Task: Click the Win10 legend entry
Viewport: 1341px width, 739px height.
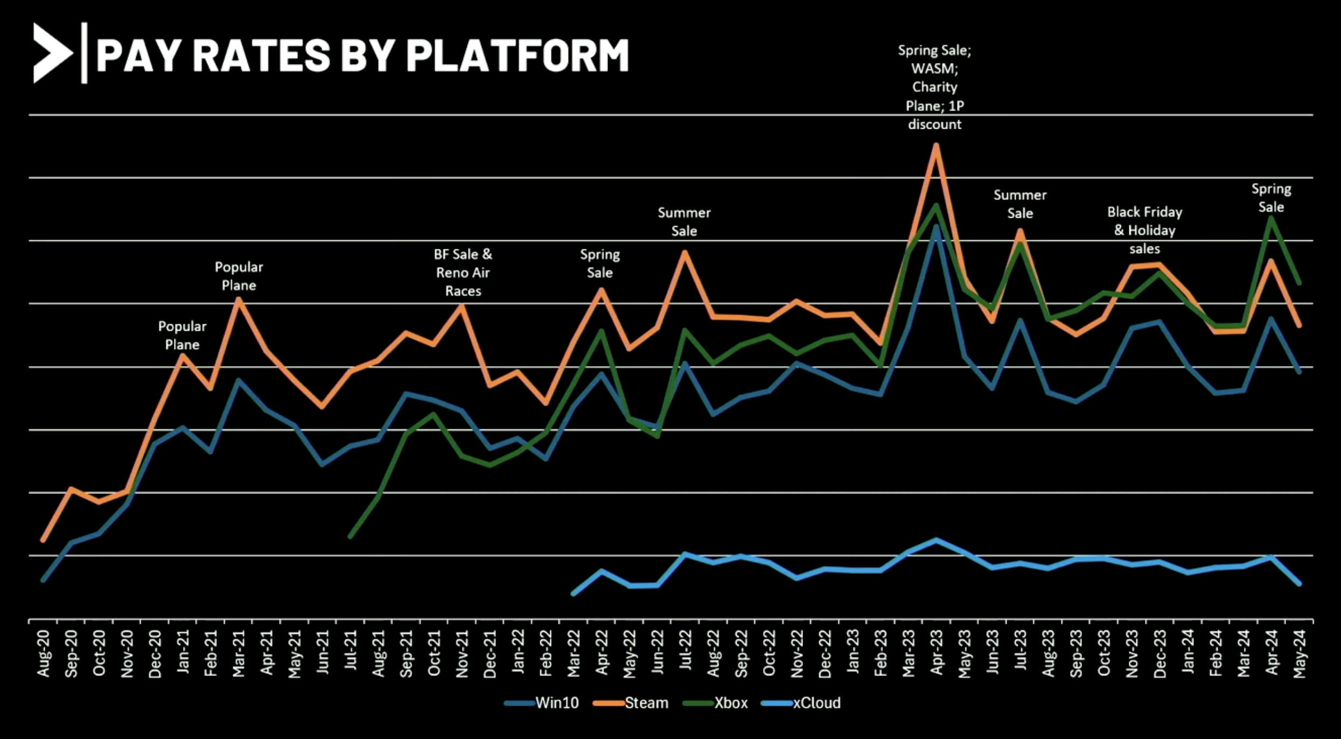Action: click(556, 703)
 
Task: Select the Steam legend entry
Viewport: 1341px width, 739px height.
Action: click(646, 703)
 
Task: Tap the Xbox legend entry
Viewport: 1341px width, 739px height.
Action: click(730, 703)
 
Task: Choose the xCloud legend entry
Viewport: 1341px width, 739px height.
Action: click(816, 703)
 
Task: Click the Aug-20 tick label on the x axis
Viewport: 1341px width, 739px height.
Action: click(44, 653)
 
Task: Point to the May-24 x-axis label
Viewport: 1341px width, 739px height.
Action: click(1300, 653)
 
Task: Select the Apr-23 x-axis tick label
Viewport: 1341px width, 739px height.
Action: click(937, 653)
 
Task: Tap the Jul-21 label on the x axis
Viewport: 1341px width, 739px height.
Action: click(351, 653)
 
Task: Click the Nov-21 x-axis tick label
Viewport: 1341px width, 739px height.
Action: click(462, 653)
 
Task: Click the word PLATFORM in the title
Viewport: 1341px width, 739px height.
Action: click(517, 55)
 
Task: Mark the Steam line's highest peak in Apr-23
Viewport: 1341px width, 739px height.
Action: click(936, 145)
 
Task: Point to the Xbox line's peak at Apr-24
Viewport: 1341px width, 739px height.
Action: click(1272, 218)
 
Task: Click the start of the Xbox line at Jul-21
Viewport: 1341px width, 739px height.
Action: click(351, 536)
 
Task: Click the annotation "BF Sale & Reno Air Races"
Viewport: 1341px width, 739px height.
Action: click(463, 273)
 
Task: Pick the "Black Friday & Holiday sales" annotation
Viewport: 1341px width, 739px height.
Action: click(1144, 231)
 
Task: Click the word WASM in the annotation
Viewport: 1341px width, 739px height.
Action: click(934, 69)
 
